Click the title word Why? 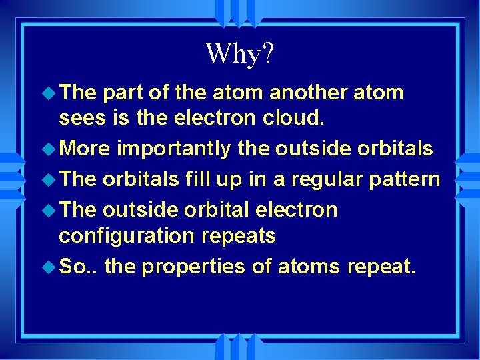239,53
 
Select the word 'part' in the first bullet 124,93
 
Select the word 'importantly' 173,149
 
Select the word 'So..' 79,267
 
